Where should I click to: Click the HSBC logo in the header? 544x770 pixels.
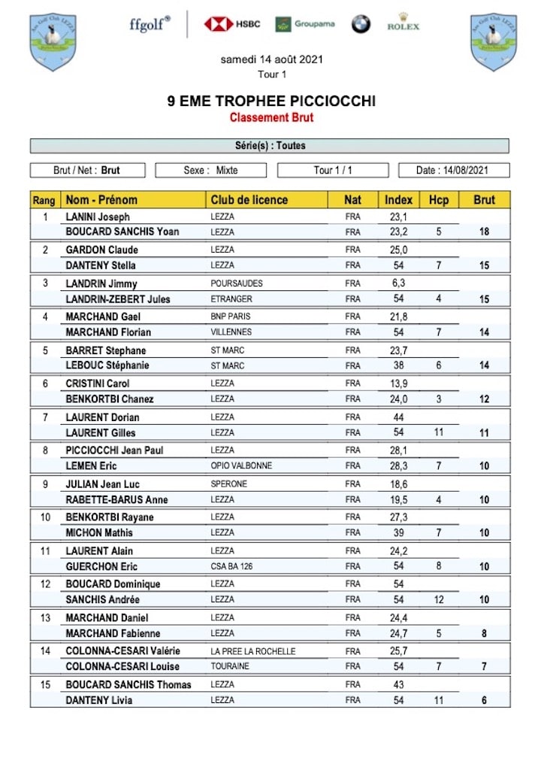(x=231, y=24)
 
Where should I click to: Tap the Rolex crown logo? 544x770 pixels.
(x=403, y=22)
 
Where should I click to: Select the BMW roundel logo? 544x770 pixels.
(x=361, y=24)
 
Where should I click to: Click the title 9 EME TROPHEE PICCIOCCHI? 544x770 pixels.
(x=271, y=102)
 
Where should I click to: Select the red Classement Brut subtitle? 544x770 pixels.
(x=271, y=117)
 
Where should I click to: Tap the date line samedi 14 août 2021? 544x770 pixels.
(x=271, y=59)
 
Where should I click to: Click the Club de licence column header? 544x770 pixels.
(x=249, y=200)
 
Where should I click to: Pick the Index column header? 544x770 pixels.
(x=398, y=200)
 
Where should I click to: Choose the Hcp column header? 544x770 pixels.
(x=438, y=200)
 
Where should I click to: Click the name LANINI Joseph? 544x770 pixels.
(x=98, y=217)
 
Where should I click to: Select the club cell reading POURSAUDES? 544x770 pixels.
(x=237, y=283)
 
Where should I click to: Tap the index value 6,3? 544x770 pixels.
(x=398, y=283)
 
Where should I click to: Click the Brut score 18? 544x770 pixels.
(x=484, y=232)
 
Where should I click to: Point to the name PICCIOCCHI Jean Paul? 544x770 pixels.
(x=114, y=450)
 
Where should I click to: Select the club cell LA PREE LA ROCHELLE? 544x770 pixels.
(x=252, y=651)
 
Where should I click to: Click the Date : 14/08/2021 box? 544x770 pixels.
(x=453, y=171)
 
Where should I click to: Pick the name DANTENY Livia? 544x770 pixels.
(x=98, y=700)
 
